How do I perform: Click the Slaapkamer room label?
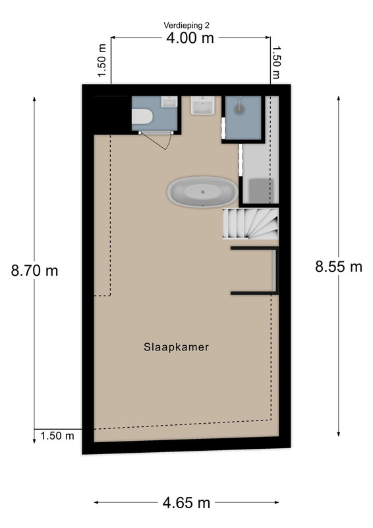tap(176, 347)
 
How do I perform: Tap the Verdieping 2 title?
tap(186, 25)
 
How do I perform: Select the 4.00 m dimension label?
tap(190, 38)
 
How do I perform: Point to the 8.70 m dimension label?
tap(34, 271)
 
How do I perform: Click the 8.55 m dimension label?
tap(339, 267)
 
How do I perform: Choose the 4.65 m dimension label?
tap(186, 503)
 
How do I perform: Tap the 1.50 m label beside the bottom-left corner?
tap(57, 436)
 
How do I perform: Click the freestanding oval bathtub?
tap(202, 191)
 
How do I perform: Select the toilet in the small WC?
tap(142, 117)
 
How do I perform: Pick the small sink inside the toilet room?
tap(169, 102)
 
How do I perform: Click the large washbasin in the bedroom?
tap(202, 106)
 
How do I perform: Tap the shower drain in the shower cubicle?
tap(240, 109)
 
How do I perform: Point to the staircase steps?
tap(250, 224)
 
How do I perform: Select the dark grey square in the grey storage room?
tap(261, 191)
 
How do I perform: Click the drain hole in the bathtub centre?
tap(202, 192)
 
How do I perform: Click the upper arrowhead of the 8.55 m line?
tap(338, 98)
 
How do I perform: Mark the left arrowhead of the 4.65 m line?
tap(96, 502)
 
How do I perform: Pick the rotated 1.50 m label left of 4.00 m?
tap(102, 60)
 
